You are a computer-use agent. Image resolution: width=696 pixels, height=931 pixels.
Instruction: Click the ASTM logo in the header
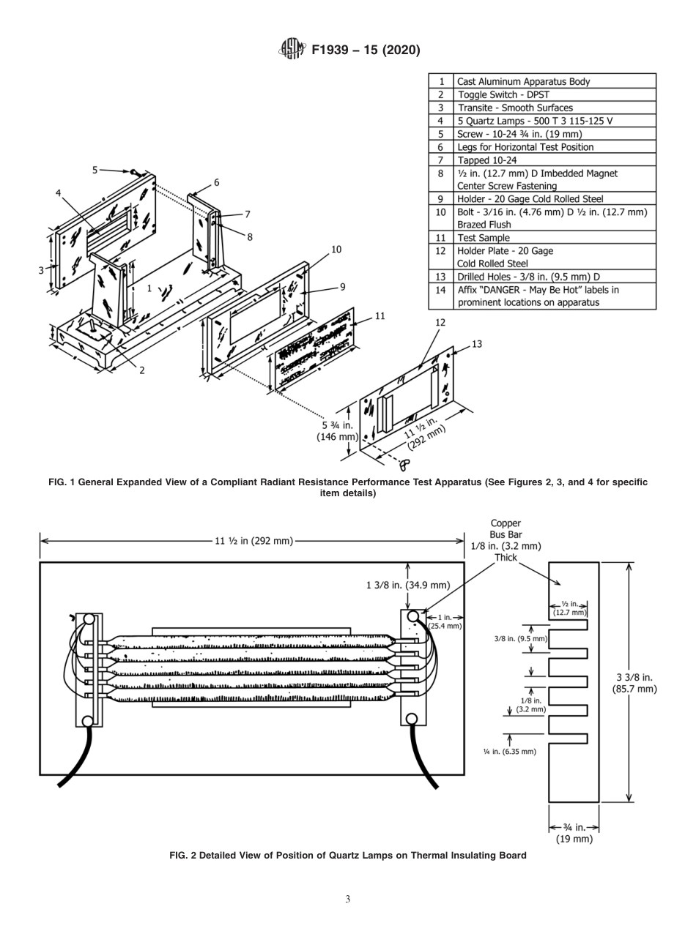(x=291, y=50)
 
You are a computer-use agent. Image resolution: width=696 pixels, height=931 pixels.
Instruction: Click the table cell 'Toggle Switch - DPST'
(x=503, y=94)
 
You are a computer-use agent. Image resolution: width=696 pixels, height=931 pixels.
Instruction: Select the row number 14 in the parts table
(x=440, y=290)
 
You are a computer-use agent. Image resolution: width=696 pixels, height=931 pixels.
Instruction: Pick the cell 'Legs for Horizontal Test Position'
(x=525, y=147)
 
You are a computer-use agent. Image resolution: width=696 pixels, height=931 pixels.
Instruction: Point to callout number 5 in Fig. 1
(x=95, y=170)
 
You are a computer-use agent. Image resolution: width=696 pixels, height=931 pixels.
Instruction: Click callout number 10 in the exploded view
(x=336, y=250)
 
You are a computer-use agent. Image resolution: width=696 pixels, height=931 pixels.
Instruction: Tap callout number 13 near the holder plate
(x=477, y=344)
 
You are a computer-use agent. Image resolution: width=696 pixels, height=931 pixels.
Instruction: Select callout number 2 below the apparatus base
(x=142, y=370)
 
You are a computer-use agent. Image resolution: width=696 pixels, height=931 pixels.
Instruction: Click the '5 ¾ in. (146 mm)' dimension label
(x=337, y=430)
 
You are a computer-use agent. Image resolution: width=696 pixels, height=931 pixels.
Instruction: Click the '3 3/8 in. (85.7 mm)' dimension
(x=634, y=683)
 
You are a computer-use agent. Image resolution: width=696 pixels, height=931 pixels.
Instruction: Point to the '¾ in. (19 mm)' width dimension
(x=573, y=834)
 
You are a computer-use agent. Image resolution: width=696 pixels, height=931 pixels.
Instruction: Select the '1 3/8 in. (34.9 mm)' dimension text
(x=407, y=585)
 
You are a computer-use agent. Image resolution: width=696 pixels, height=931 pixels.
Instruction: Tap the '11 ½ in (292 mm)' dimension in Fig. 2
(x=253, y=541)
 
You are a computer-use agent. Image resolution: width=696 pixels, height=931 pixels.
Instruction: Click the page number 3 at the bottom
(x=347, y=900)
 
